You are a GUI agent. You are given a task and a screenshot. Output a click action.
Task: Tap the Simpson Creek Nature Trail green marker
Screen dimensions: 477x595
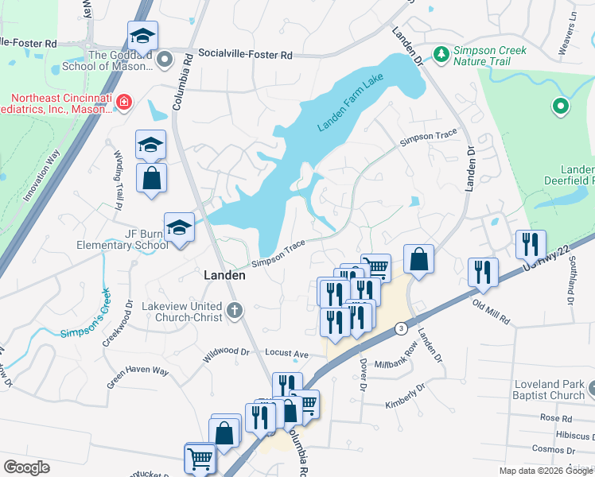pyautogui.click(x=441, y=54)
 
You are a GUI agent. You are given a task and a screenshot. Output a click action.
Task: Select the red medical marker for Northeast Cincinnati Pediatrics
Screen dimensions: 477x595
pyautogui.click(x=123, y=102)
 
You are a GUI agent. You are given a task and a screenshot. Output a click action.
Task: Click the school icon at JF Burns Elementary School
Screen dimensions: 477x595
pyautogui.click(x=179, y=227)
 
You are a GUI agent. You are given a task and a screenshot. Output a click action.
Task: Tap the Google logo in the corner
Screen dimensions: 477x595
pyautogui.click(x=26, y=467)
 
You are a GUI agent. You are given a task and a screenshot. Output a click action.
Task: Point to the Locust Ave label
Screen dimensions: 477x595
pyautogui.click(x=286, y=351)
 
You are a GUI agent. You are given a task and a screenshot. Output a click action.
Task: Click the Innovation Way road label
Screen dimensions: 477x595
pyautogui.click(x=42, y=177)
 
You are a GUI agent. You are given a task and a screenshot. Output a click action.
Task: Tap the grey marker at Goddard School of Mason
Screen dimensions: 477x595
pyautogui.click(x=165, y=59)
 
